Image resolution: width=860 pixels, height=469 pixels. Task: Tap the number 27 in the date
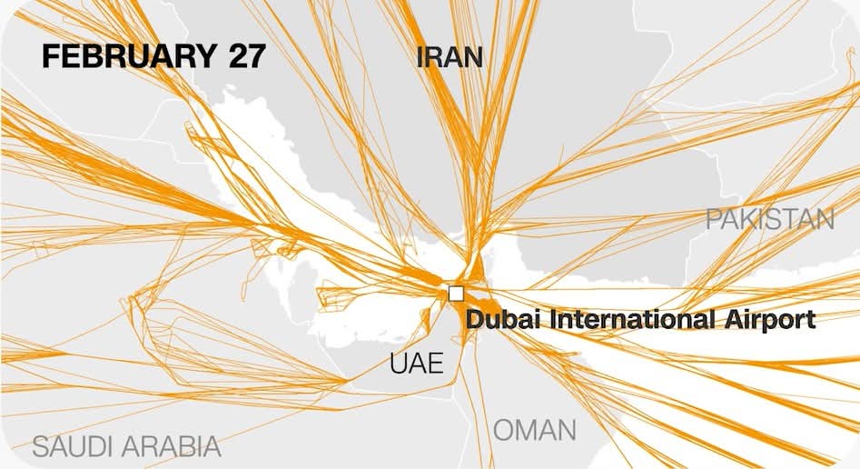(242, 56)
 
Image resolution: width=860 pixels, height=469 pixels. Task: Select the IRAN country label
(449, 57)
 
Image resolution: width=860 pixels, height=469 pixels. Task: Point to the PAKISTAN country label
(770, 219)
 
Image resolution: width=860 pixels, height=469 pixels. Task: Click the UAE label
(417, 364)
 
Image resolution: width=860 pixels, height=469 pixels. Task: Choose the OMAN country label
(535, 429)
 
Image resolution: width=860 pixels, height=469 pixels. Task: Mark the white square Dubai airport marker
(456, 293)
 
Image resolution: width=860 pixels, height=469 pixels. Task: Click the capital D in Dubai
(473, 320)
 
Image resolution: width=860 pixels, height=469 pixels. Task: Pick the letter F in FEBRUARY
(48, 56)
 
